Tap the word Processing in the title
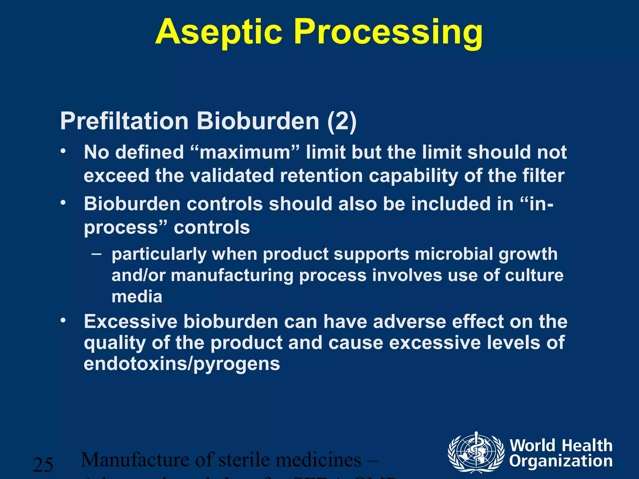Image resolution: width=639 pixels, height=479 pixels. click(x=388, y=33)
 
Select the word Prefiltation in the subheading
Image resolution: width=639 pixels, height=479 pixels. click(x=124, y=121)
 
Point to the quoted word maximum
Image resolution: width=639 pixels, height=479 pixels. click(x=245, y=152)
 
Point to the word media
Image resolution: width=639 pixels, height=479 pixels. click(x=137, y=297)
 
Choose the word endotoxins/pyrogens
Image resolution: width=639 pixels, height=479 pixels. click(x=182, y=364)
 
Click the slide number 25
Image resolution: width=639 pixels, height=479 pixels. click(x=43, y=465)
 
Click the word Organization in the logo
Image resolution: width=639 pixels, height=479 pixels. click(x=561, y=461)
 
